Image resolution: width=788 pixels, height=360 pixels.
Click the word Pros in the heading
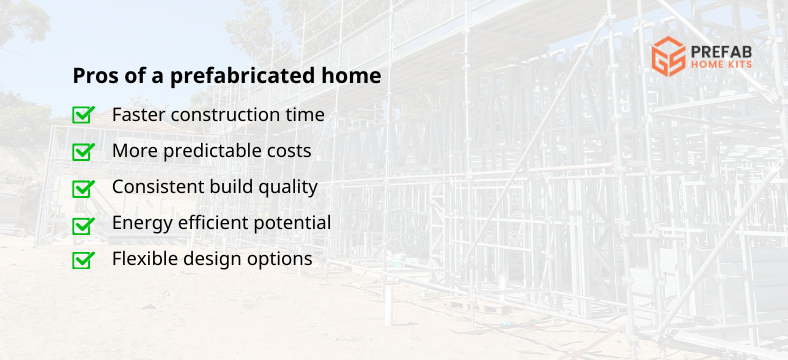click(94, 76)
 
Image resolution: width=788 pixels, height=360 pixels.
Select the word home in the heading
click(355, 76)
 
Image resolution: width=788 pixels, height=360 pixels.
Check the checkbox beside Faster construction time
click(84, 115)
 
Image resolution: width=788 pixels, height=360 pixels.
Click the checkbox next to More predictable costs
click(84, 151)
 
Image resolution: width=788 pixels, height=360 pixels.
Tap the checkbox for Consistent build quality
click(84, 187)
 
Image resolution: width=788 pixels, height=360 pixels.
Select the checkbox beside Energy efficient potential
click(84, 224)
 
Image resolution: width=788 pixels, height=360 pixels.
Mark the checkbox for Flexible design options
click(84, 260)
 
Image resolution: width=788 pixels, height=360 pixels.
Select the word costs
click(287, 151)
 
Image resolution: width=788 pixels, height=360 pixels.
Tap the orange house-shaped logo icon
click(667, 56)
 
